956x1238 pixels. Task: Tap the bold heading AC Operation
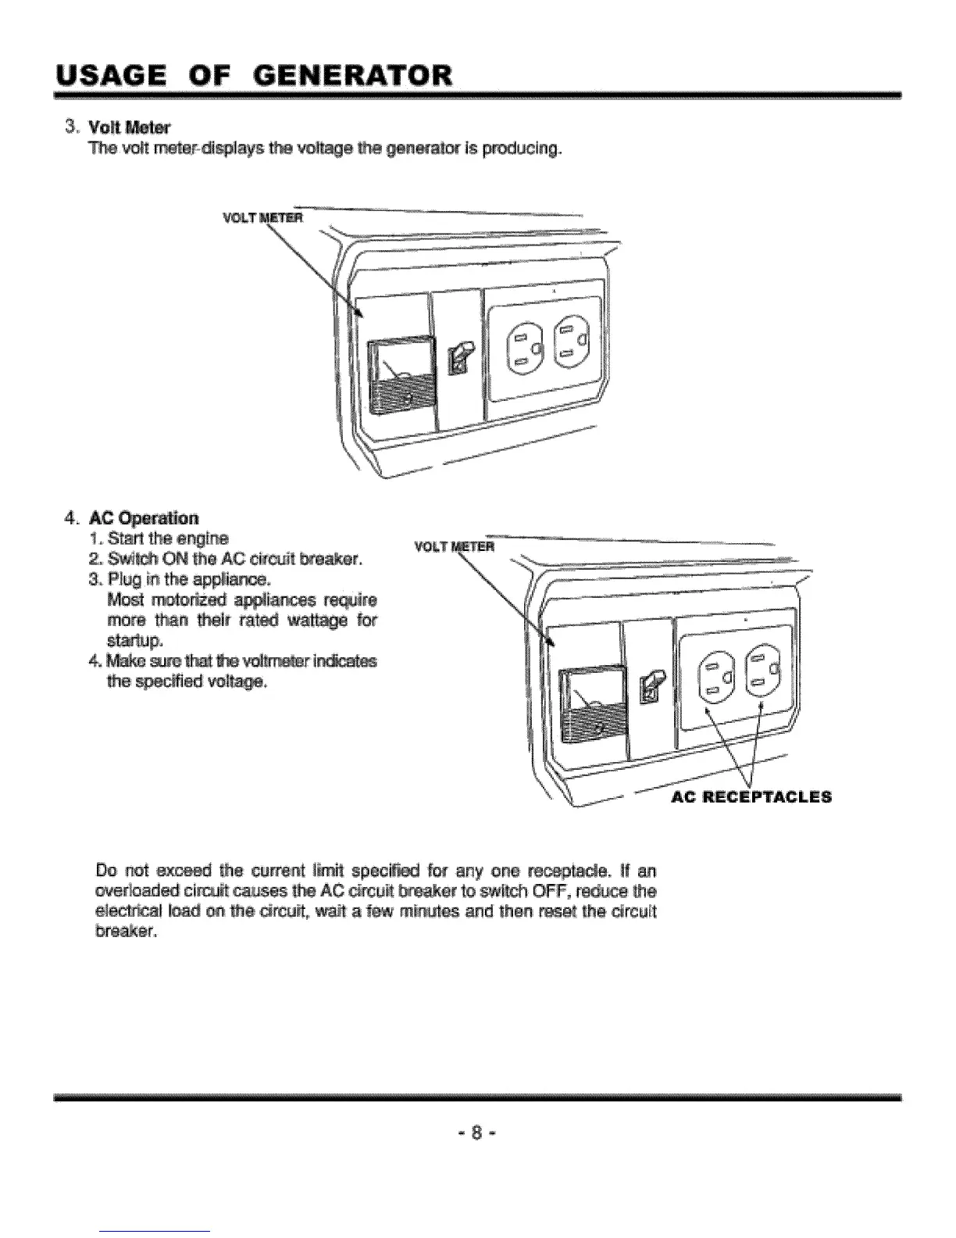[144, 518]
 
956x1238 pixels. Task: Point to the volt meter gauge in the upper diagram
[404, 374]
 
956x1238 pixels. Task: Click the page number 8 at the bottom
[477, 1132]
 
